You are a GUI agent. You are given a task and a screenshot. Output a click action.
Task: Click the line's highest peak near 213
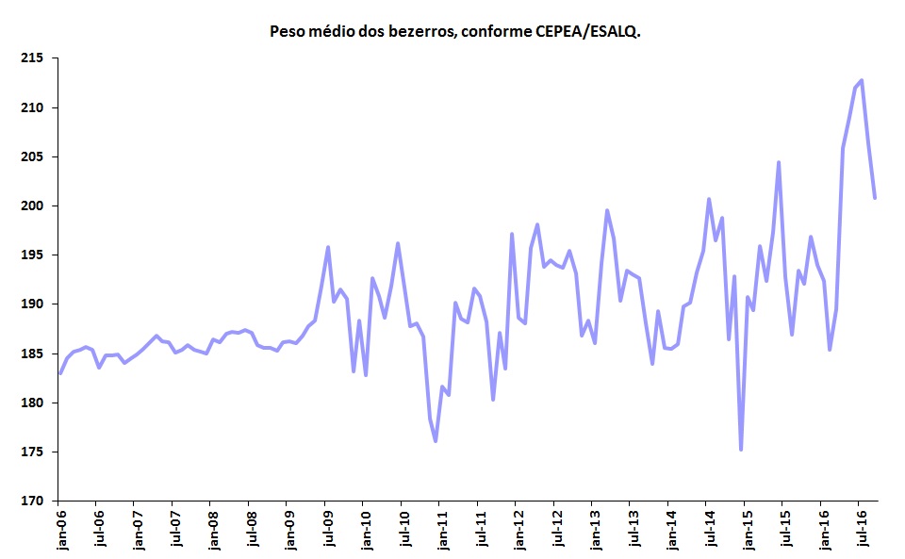[x=862, y=80]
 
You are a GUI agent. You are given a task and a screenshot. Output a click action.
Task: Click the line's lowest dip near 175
[x=741, y=450]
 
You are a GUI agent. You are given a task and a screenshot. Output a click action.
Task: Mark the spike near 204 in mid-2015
[x=779, y=162]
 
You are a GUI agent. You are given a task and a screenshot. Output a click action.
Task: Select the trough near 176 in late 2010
[x=436, y=440]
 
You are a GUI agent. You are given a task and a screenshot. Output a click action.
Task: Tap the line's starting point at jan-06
[x=60, y=372]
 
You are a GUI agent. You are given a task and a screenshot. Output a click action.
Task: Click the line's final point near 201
[x=875, y=197]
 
